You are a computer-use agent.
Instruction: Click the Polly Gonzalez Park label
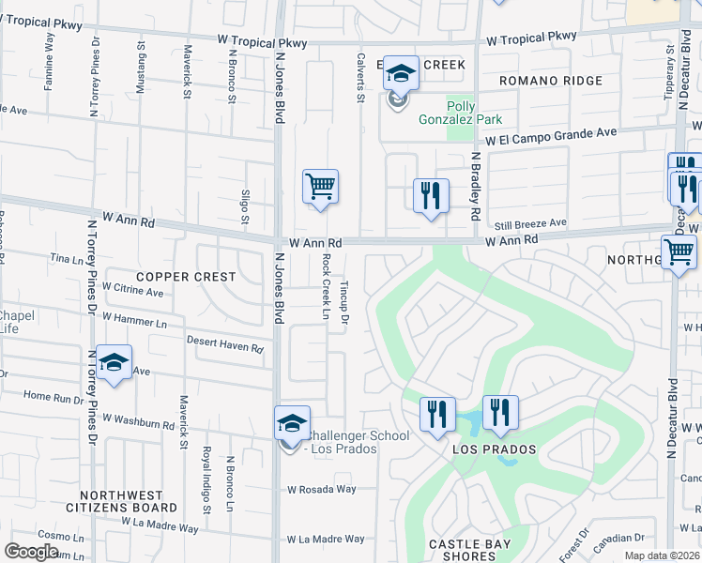point(474,113)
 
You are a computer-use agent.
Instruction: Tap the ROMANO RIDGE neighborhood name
point(550,82)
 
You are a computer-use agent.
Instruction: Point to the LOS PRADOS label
point(495,449)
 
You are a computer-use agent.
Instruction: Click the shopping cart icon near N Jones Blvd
point(320,186)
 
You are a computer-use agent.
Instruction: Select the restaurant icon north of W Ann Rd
point(431,195)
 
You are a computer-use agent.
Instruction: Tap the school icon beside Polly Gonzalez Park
point(401,74)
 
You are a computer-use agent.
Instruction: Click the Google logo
point(31,551)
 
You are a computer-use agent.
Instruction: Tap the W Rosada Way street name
point(322,489)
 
